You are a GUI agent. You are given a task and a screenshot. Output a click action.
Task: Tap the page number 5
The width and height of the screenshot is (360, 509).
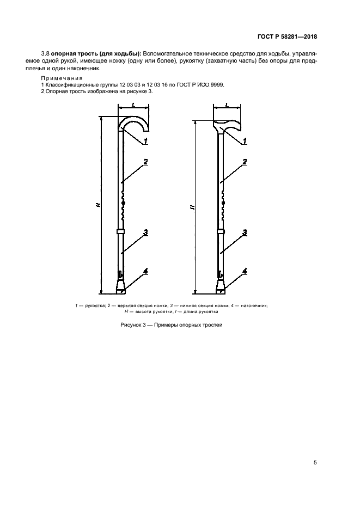(315, 463)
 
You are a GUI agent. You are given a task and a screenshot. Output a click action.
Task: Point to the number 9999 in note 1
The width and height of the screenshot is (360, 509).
(216, 85)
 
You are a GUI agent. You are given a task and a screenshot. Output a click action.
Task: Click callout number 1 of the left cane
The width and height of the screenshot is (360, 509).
(146, 140)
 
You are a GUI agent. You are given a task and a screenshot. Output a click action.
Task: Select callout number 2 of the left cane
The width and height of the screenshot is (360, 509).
(146, 162)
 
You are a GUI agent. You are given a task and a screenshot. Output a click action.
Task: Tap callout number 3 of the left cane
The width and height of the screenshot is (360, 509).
(146, 232)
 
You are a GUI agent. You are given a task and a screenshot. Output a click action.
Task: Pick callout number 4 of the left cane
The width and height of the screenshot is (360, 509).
(146, 271)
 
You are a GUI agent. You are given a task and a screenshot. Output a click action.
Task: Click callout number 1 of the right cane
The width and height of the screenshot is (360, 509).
(245, 140)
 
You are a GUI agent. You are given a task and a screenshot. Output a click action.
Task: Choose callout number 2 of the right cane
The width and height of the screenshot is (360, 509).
(245, 162)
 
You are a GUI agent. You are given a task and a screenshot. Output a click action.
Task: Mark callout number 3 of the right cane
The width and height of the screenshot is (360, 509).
(245, 232)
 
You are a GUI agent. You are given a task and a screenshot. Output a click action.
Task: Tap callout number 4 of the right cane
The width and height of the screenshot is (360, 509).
(245, 271)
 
